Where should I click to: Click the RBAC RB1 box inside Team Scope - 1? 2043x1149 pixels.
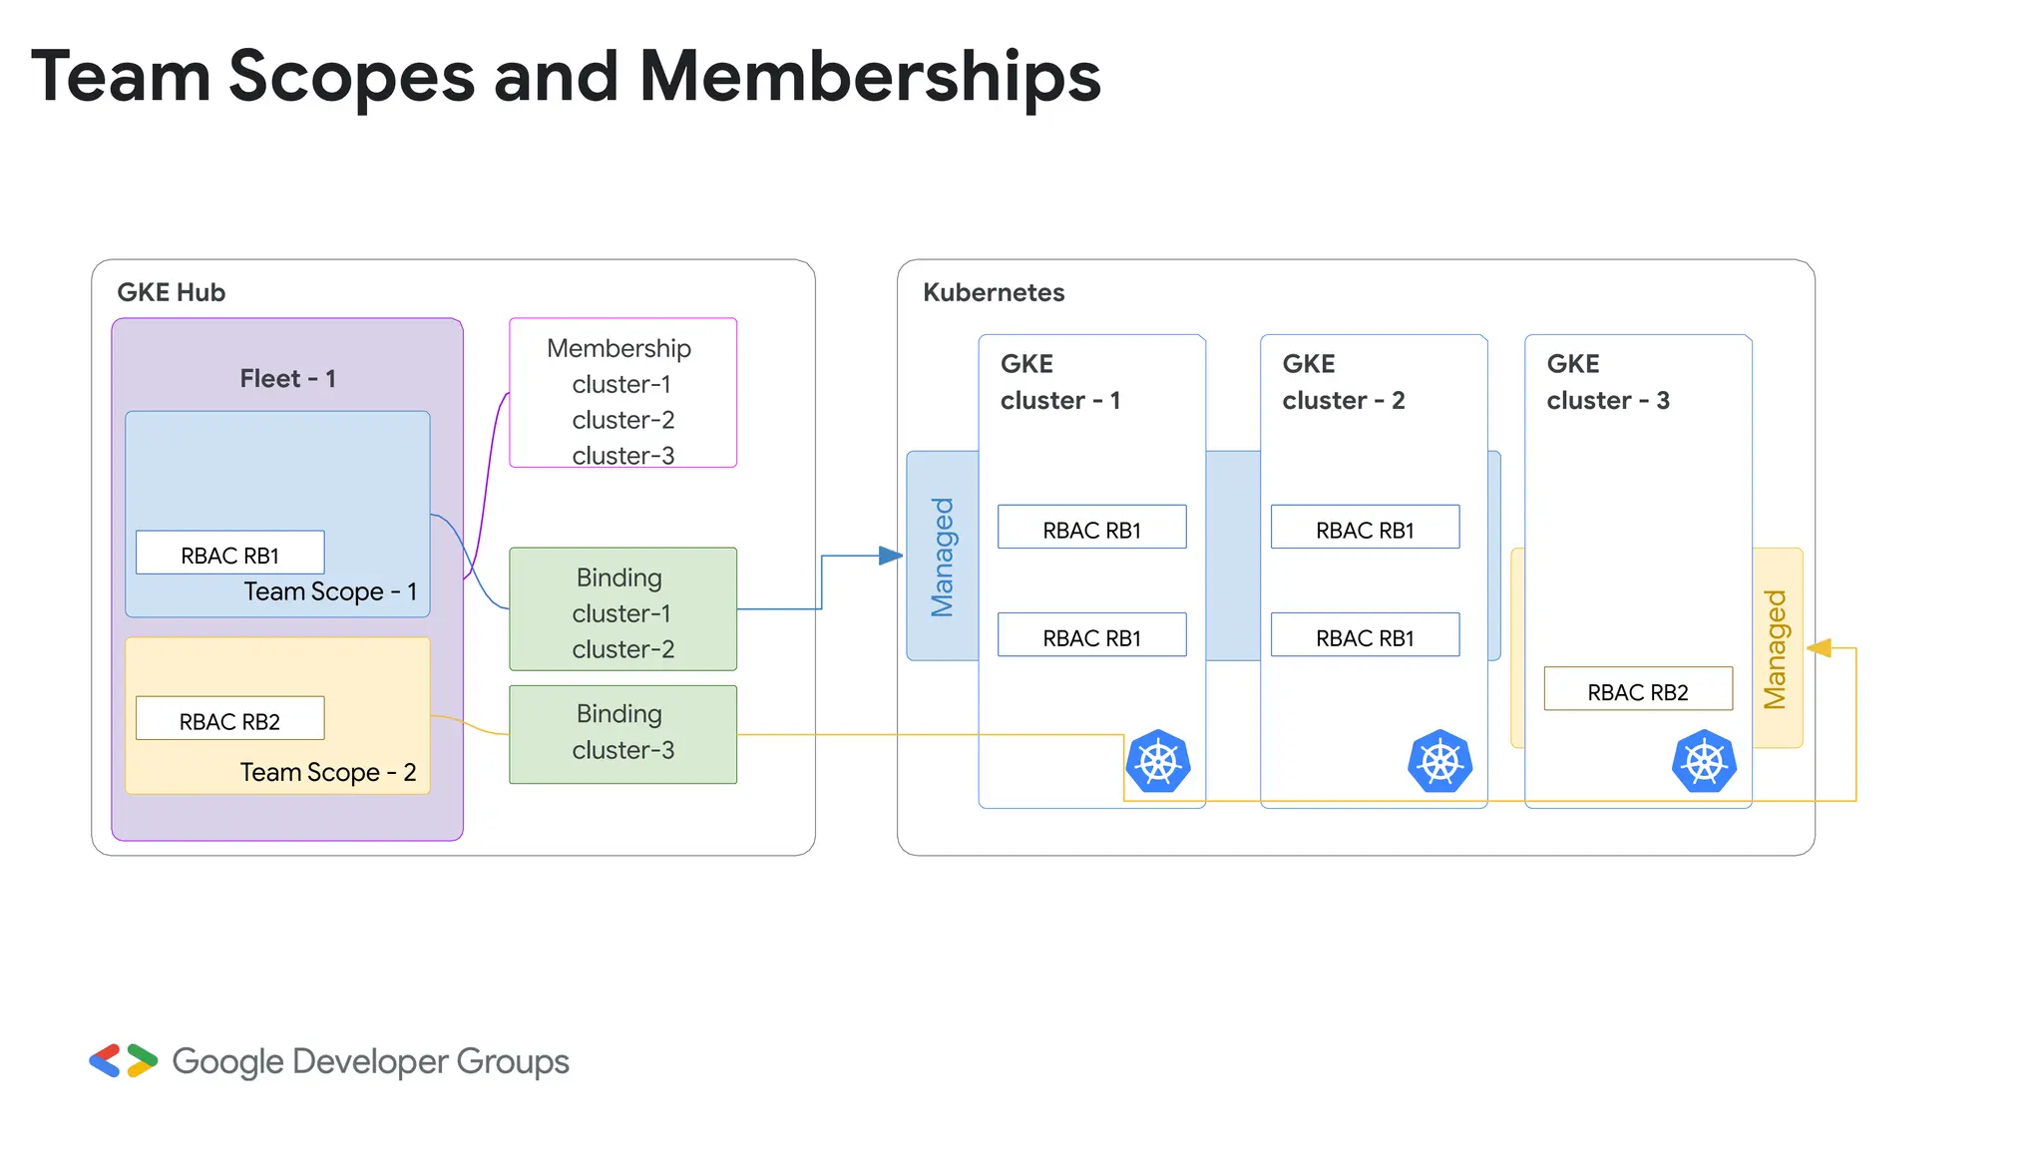[229, 553]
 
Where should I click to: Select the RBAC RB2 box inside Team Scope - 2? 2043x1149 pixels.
[229, 718]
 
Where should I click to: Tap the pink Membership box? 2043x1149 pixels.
[622, 393]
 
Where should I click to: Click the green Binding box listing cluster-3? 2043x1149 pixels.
[622, 734]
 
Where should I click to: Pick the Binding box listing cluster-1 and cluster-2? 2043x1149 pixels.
[622, 609]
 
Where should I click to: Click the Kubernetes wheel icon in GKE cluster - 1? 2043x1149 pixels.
[1158, 762]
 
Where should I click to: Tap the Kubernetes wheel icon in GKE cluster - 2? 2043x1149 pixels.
[1439, 762]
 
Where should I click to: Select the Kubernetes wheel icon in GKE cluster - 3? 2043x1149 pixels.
[1704, 762]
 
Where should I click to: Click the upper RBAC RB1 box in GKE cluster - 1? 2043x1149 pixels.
[1091, 528]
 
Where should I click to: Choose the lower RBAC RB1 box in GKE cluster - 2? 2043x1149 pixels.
[1365, 635]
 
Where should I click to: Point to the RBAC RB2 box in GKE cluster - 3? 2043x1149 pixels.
[1637, 689]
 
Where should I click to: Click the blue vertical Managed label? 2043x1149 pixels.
[943, 557]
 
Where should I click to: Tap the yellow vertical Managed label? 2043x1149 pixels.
[1776, 648]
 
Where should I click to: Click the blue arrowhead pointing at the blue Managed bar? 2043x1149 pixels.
[891, 556]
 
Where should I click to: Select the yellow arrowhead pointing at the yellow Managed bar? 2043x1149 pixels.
[1820, 648]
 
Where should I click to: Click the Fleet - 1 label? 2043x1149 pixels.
[287, 379]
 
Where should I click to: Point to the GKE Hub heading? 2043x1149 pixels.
[171, 292]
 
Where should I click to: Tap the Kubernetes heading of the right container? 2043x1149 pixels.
[993, 292]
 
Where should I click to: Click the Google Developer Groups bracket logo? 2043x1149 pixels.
[123, 1061]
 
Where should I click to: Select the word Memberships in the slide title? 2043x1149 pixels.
[869, 77]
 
